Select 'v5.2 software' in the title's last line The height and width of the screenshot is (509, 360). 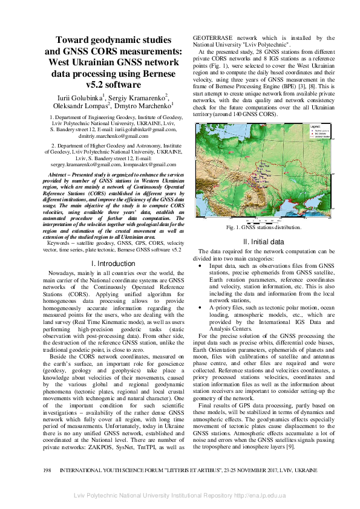(x=113, y=85)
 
